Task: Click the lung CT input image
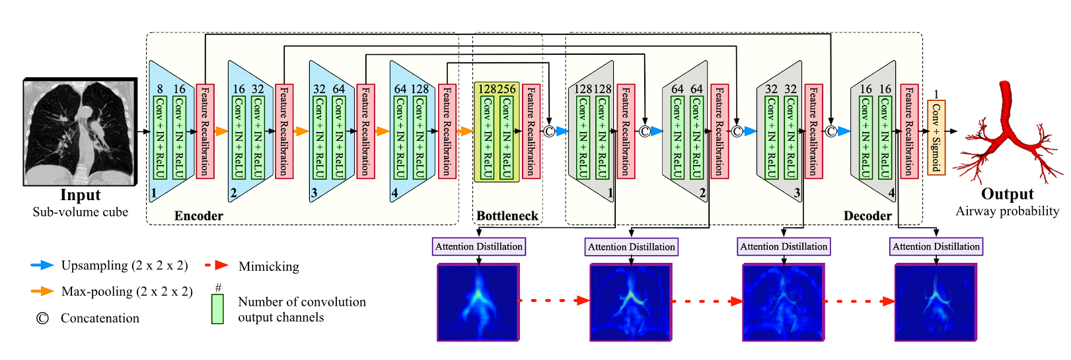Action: coord(80,132)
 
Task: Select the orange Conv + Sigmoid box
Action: coord(936,137)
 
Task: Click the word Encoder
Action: coord(198,216)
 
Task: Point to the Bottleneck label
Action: coord(507,216)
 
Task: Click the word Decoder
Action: coord(868,216)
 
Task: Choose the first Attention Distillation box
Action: coord(479,246)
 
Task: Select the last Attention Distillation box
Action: coord(936,246)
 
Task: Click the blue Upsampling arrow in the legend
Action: coord(42,266)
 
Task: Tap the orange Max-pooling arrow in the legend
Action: coord(42,291)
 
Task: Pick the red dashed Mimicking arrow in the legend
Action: coord(217,266)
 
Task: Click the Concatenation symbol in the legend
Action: coord(42,318)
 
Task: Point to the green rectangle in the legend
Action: coord(217,308)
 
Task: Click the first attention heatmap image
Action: coord(478,303)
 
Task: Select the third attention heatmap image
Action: coord(784,303)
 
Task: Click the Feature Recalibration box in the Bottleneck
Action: coord(531,131)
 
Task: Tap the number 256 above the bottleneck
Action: coord(506,89)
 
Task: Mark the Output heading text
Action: coord(1007,194)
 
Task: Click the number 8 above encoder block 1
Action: coord(160,89)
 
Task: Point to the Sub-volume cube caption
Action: coord(80,212)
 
